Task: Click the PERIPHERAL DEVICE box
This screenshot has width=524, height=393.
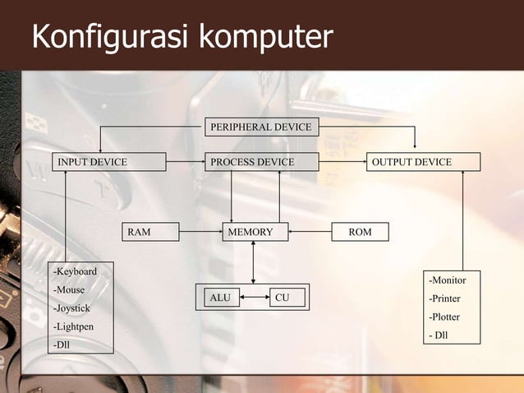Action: [261, 127]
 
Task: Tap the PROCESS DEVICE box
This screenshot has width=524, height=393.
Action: [261, 162]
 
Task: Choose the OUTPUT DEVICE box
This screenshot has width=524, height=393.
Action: [422, 162]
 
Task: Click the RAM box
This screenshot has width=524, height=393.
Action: [150, 233]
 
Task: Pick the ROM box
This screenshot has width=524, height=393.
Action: [360, 233]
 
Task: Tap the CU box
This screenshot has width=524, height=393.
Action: [283, 297]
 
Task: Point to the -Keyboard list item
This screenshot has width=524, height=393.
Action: [75, 271]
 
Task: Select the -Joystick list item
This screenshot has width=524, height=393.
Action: [72, 308]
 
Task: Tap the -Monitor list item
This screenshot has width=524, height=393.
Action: [447, 280]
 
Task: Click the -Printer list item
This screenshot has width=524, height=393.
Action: [444, 298]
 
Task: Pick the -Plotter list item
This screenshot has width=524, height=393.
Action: [444, 317]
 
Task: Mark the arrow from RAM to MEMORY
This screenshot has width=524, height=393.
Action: [200, 233]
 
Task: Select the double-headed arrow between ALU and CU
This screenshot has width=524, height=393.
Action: [255, 297]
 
